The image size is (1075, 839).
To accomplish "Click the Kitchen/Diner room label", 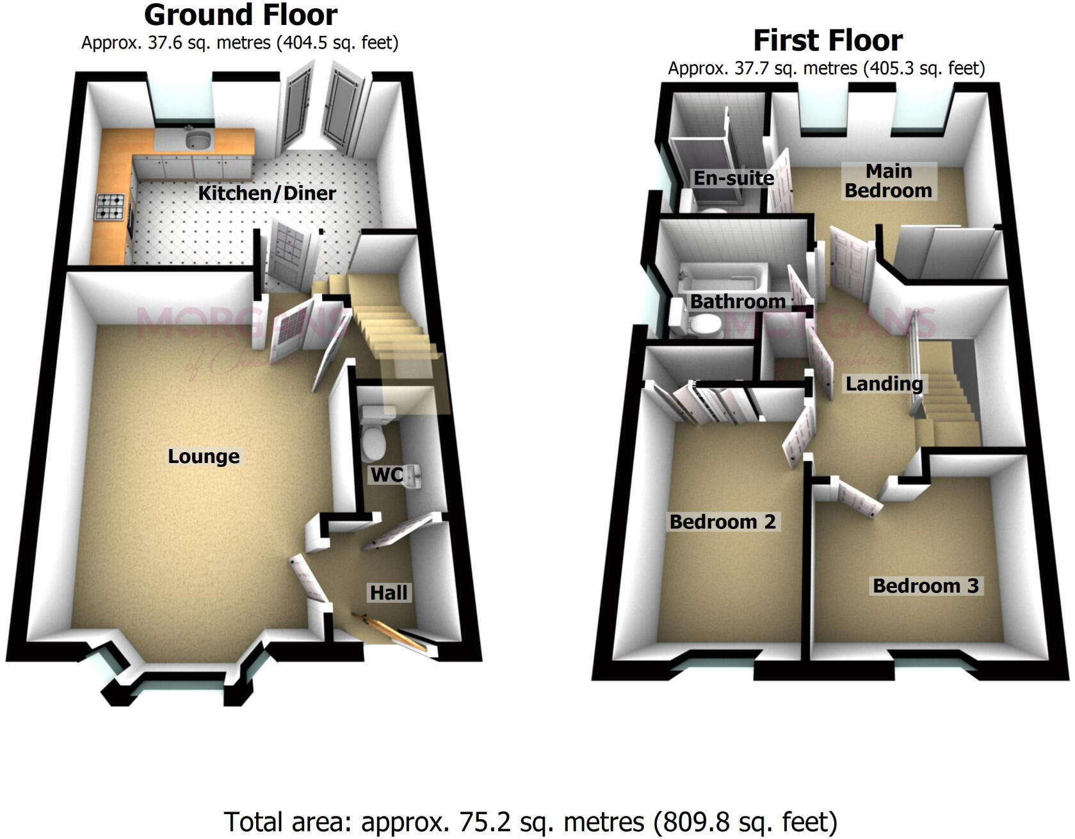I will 266,193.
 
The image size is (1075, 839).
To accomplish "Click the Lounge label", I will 204,456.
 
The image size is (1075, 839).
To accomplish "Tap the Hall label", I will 388,592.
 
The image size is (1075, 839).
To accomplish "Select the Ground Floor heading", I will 241,15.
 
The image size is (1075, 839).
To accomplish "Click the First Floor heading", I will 827,40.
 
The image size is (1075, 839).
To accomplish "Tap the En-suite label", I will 734,178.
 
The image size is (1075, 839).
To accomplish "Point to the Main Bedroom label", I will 888,181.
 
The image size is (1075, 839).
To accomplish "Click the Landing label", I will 884,384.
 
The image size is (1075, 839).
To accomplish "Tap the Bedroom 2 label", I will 722,521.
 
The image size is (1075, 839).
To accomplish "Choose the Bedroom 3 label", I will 925,585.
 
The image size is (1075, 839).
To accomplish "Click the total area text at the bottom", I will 530,822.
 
